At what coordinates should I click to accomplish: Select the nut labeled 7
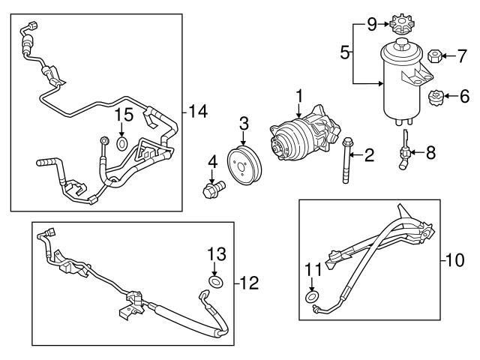coord(433,55)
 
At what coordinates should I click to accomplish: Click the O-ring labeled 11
coord(310,298)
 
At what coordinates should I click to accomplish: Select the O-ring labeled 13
coord(215,282)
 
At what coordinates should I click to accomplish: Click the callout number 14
coord(198,112)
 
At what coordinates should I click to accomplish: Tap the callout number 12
coord(250,283)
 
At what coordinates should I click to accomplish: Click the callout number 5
coord(344,52)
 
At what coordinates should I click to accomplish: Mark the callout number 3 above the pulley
coord(244,122)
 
